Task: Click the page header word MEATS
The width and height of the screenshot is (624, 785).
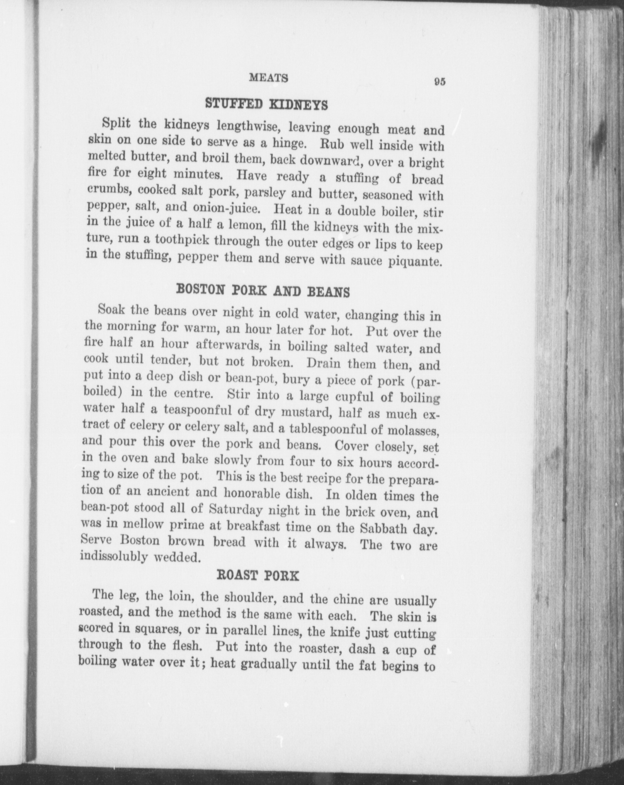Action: click(x=268, y=78)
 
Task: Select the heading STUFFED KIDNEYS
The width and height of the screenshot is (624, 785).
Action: click(x=266, y=104)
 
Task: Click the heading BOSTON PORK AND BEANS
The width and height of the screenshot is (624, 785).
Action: click(x=263, y=291)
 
